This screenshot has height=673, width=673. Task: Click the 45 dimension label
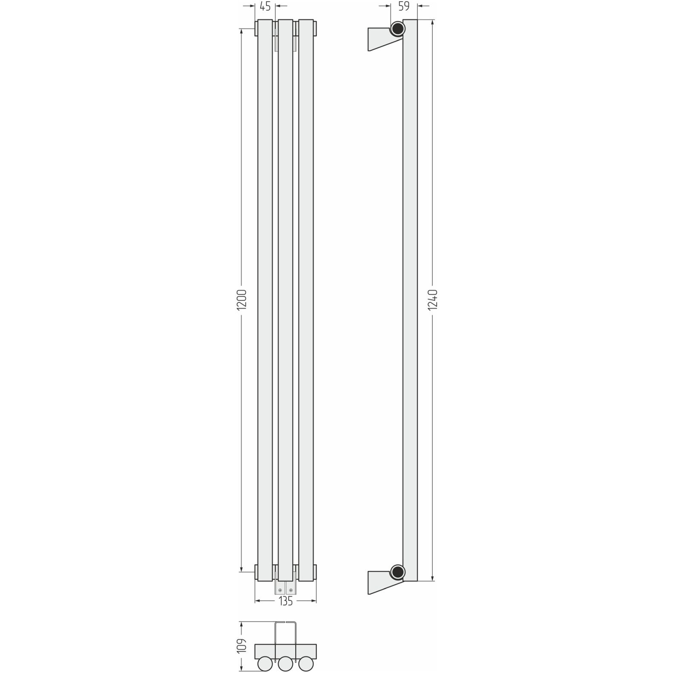tap(265, 6)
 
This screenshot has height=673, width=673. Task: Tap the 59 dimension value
tap(404, 6)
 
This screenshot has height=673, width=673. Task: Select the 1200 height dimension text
tap(242, 300)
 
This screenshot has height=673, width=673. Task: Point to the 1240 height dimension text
tap(433, 300)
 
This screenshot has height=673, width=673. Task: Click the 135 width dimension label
tap(286, 601)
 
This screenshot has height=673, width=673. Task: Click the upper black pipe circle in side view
tap(398, 29)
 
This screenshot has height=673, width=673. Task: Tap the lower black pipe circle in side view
tap(398, 572)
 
